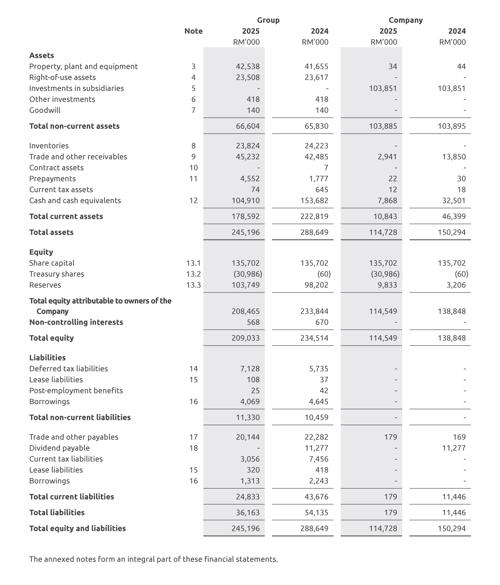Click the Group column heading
click(268, 20)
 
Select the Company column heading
click(405, 20)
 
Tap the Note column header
click(193, 31)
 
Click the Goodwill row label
click(45, 110)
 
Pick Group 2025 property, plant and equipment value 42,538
click(248, 66)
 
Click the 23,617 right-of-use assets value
click(316, 77)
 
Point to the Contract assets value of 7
click(326, 168)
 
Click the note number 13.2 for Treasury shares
click(193, 274)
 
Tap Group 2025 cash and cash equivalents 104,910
click(245, 200)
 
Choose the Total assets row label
click(51, 232)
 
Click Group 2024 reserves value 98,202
click(316, 285)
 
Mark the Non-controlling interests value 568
click(253, 322)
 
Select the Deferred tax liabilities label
click(68, 368)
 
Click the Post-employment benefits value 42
click(324, 390)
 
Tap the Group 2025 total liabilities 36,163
click(248, 512)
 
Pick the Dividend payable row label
click(59, 448)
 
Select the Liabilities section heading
click(47, 357)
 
